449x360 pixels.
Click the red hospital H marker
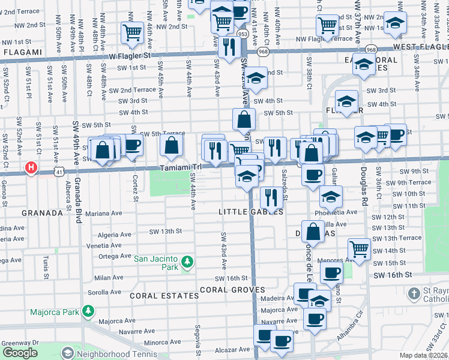(x=30, y=168)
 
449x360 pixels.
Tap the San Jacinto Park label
(x=156, y=259)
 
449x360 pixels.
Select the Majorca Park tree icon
(x=89, y=311)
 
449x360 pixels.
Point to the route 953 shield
(x=243, y=34)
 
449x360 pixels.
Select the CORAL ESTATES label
(x=164, y=296)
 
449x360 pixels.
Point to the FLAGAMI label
(x=21, y=53)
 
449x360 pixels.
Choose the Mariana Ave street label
(x=103, y=213)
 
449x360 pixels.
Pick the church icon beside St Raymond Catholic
(x=413, y=294)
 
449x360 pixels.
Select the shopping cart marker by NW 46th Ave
(x=131, y=32)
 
